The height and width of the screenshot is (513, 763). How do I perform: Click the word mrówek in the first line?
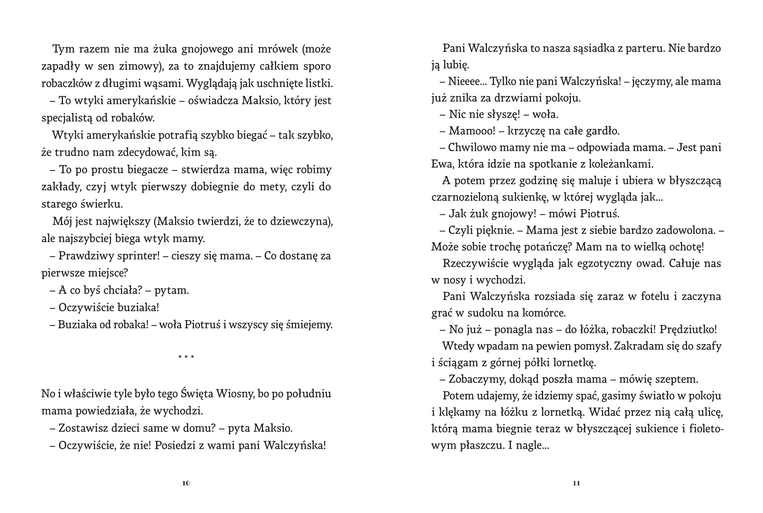pyautogui.click(x=276, y=49)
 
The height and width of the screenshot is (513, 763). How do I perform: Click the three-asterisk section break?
pyautogui.click(x=186, y=357)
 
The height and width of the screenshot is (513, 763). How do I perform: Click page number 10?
pyautogui.click(x=186, y=483)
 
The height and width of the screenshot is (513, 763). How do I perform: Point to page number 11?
pyautogui.click(x=576, y=483)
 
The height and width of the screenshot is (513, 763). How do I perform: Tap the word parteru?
pyautogui.click(x=643, y=48)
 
